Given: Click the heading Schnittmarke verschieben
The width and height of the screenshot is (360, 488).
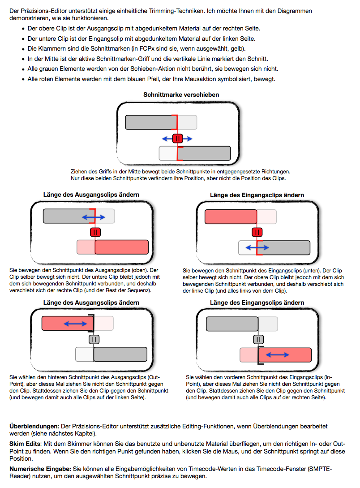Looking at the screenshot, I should pos(181,95).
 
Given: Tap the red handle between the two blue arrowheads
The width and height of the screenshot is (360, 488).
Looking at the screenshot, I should pos(177,138).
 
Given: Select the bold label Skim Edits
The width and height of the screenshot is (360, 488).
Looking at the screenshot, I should pos(23,443).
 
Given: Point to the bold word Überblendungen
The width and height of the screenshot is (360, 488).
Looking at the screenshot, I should pos(34,426).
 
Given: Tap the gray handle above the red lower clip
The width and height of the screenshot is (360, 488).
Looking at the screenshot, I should pos(258,339).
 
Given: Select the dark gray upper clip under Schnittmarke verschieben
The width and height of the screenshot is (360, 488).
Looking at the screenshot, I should pos(151,122).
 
